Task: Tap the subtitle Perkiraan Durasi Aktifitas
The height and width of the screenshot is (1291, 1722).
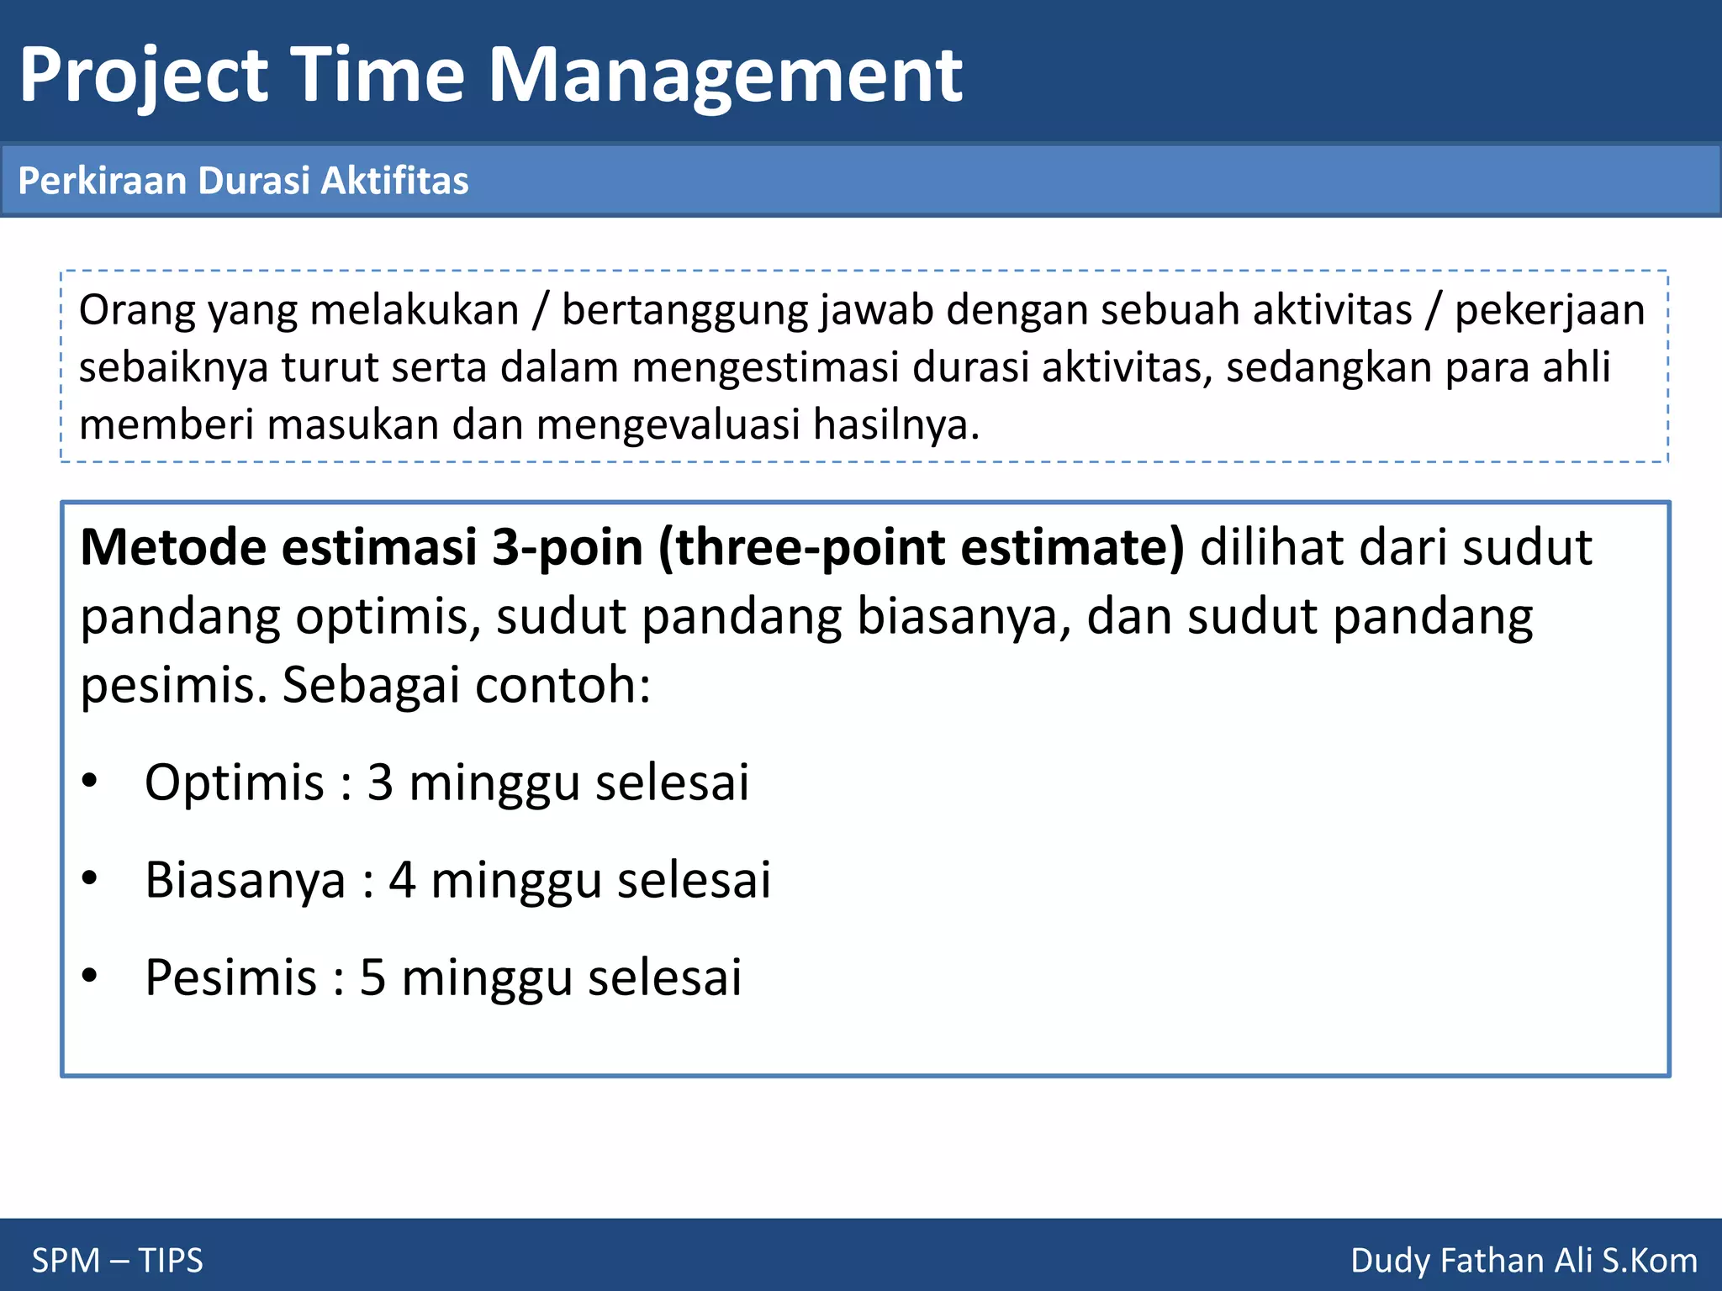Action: pos(243,181)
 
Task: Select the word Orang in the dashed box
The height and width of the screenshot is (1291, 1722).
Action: pos(137,310)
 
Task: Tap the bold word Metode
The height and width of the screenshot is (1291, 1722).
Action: pos(173,547)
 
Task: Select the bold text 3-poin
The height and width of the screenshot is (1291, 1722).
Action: pos(568,547)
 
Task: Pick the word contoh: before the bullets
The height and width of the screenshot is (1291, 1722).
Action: pos(563,685)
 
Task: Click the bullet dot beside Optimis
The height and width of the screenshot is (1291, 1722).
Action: pos(90,782)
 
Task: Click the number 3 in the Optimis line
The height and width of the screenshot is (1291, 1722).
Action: pos(380,783)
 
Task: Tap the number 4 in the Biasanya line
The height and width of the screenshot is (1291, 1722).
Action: pos(402,880)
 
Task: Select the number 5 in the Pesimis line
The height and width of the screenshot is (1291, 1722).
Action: pos(372,977)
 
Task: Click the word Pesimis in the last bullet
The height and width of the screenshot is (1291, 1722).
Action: pos(230,977)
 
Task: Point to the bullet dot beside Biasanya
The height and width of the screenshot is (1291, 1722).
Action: pos(90,879)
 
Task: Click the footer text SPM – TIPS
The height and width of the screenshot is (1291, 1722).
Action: pos(117,1261)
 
